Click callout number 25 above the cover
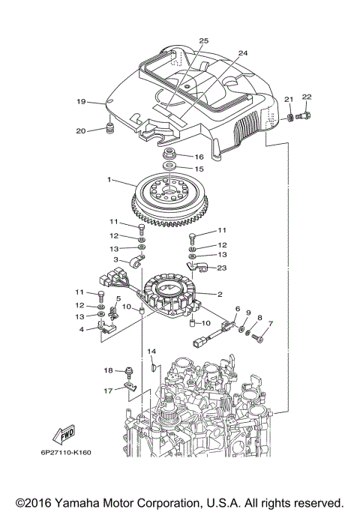coord(203,40)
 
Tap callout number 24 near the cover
coord(242,53)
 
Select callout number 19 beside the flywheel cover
coord(80,101)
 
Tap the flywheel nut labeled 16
coord(170,155)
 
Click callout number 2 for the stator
coord(219,295)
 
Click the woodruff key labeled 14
coord(154,367)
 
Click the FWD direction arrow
coord(62,435)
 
